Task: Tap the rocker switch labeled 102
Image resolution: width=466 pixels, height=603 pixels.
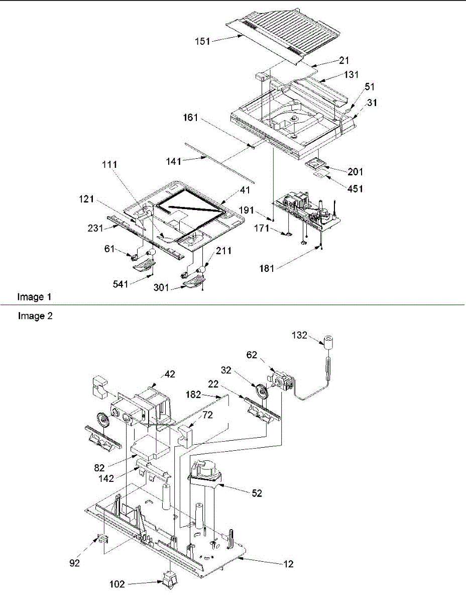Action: (x=169, y=580)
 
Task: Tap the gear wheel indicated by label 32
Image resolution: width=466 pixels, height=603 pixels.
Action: (x=262, y=391)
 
